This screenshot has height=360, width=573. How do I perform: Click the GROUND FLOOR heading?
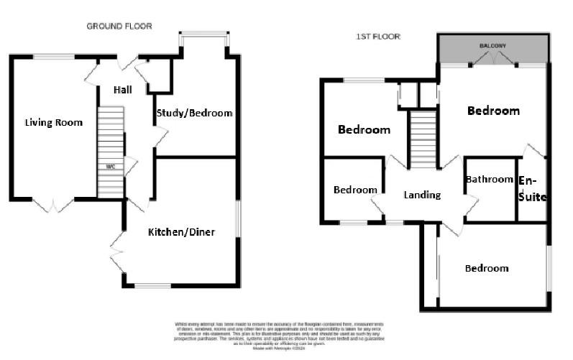click(x=119, y=26)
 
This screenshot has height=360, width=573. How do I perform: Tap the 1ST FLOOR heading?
click(x=378, y=36)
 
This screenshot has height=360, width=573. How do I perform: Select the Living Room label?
click(x=53, y=122)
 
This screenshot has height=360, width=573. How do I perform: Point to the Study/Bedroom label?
click(x=194, y=113)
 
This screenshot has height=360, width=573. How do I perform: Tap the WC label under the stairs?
click(x=111, y=167)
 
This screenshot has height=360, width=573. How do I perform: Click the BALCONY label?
click(x=493, y=46)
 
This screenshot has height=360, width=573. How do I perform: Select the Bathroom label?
click(x=489, y=179)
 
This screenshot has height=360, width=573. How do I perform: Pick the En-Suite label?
click(x=533, y=188)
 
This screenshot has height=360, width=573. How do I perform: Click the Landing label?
click(x=422, y=195)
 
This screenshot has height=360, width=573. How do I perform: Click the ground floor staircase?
click(x=111, y=140)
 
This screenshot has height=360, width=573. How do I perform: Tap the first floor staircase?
click(x=423, y=139)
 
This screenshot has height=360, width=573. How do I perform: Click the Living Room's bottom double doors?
click(x=52, y=206)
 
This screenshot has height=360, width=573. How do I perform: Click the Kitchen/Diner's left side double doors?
click(x=116, y=251)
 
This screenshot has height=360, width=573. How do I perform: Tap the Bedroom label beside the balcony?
click(x=493, y=111)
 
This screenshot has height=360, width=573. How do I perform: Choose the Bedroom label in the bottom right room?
click(x=486, y=268)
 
